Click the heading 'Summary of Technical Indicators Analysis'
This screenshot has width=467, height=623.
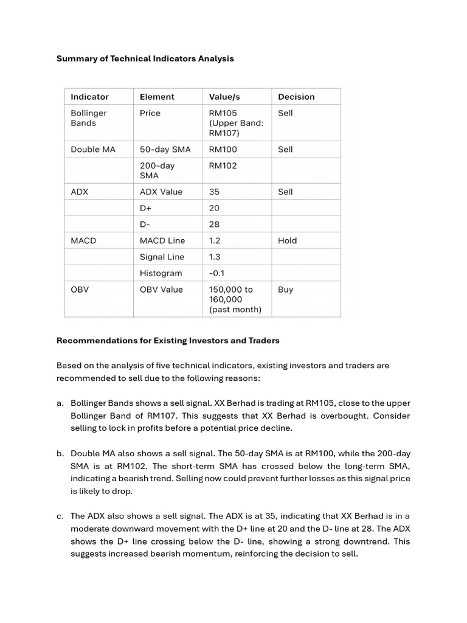[x=145, y=58]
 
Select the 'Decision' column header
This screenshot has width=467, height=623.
[x=296, y=97]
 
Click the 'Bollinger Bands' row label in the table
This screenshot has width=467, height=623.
[x=89, y=118]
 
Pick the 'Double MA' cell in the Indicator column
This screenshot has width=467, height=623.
[x=93, y=149]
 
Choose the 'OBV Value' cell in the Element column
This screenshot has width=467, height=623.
[x=161, y=290]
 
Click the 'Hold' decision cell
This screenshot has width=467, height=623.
[x=288, y=240]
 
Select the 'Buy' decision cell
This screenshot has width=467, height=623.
[x=285, y=290]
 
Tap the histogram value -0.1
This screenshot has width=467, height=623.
[x=217, y=273]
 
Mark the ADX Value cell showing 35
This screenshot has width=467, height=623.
[x=214, y=192]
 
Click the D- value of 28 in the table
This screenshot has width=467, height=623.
[x=214, y=224]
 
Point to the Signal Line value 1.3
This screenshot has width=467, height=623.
[x=215, y=257]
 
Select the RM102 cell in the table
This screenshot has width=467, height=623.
[x=223, y=165]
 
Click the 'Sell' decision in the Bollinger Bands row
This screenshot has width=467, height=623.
[x=285, y=113]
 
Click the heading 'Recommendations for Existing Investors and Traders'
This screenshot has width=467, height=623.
[x=168, y=341]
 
